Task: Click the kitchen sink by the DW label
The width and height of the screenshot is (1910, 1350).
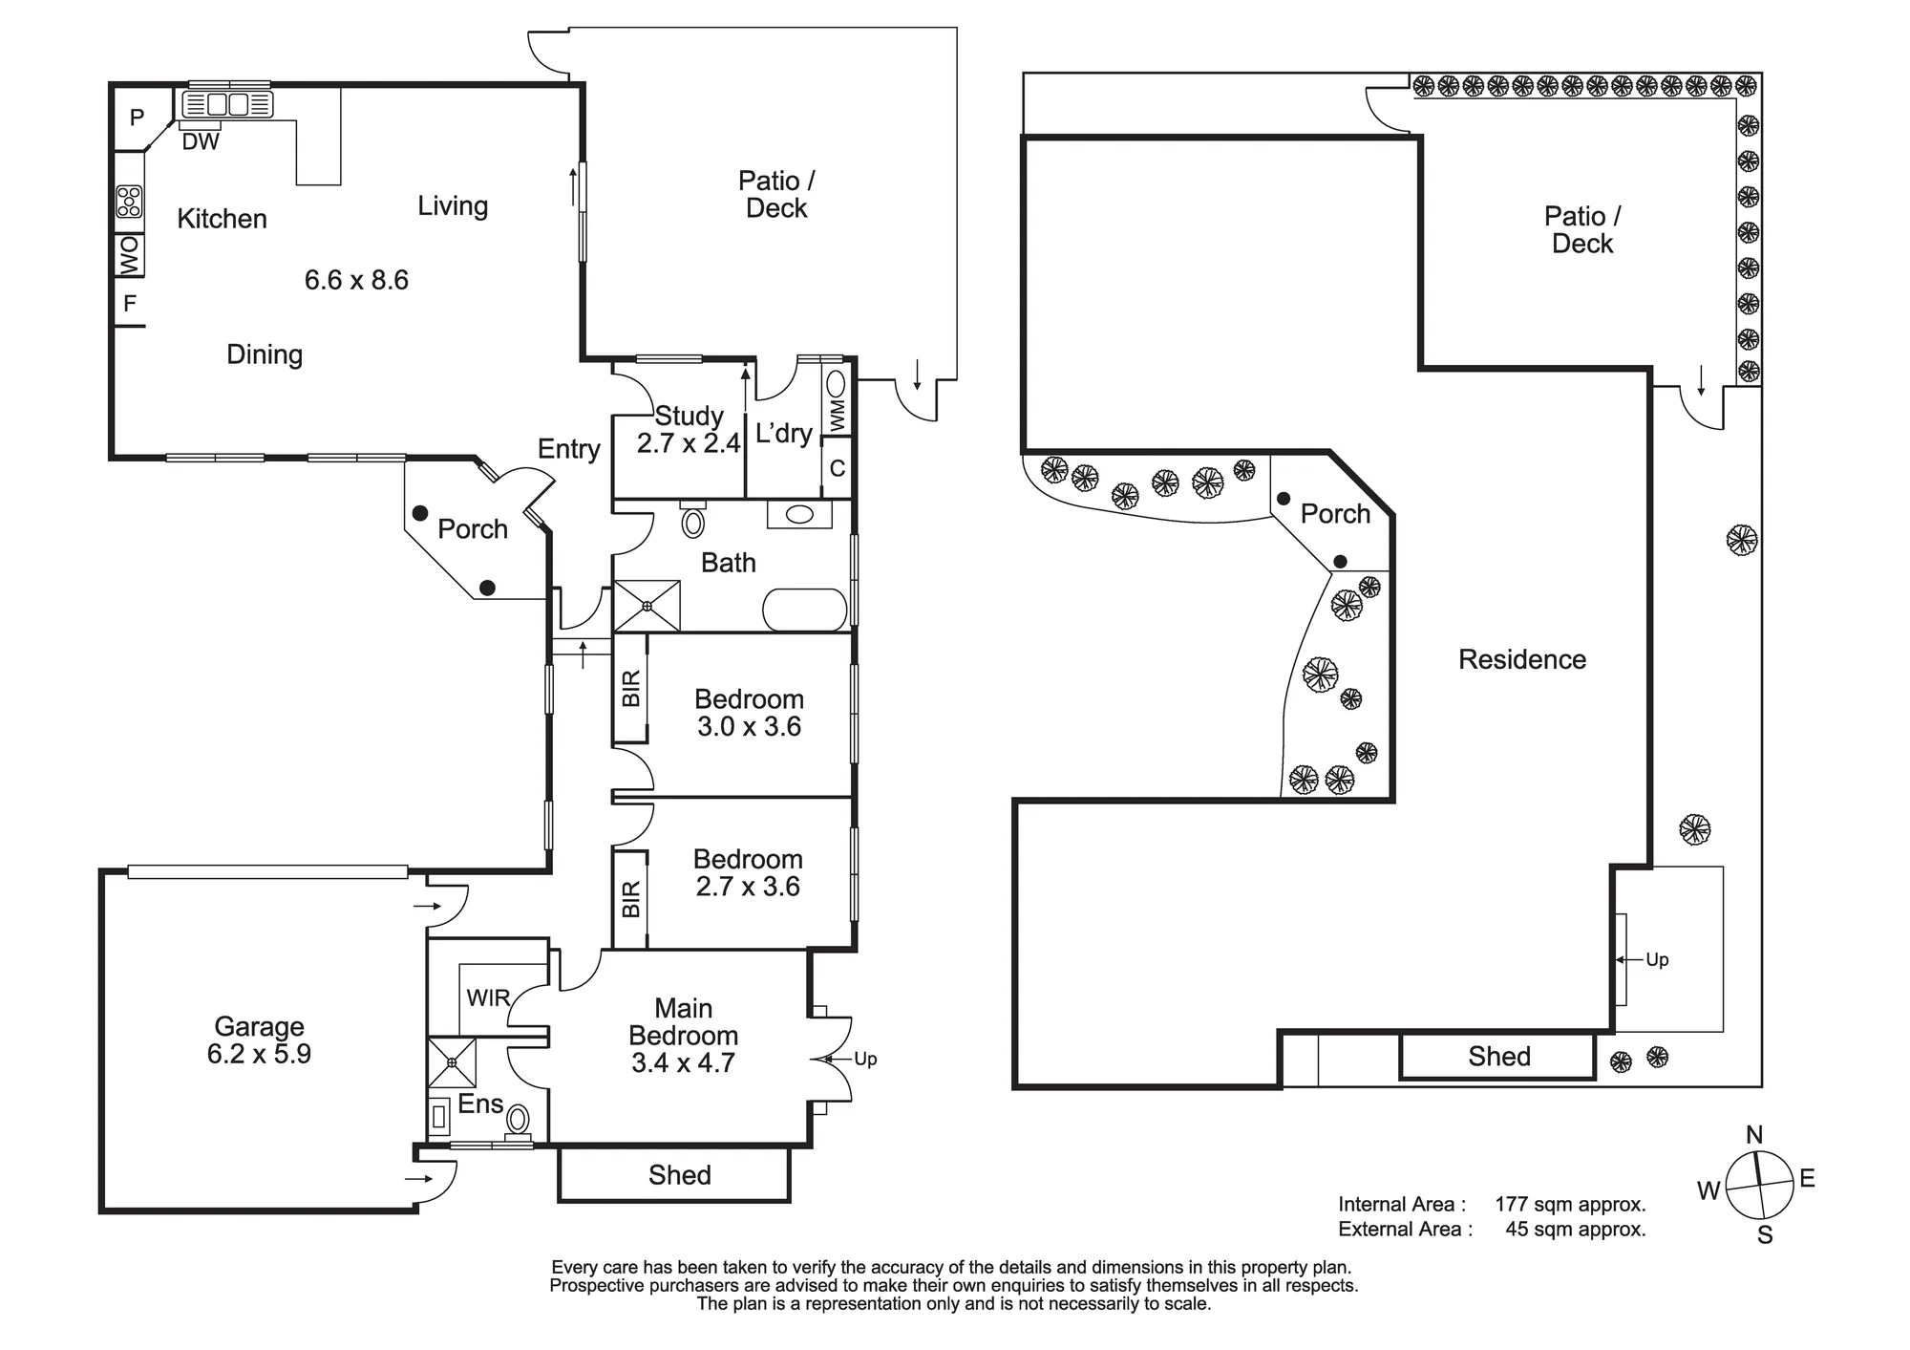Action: point(227,104)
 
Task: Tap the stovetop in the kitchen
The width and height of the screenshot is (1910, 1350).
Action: point(129,202)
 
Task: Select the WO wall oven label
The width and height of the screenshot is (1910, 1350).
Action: point(129,255)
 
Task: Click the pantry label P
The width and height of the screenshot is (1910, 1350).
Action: point(137,118)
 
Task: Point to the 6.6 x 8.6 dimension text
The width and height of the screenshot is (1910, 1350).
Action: point(356,280)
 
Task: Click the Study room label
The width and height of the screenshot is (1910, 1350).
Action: point(689,417)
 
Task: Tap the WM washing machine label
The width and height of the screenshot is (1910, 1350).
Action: point(838,416)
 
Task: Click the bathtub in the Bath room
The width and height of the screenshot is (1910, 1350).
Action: point(805,611)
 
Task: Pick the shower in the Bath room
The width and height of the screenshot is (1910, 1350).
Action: point(647,606)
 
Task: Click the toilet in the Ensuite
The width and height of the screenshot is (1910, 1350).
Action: point(518,1121)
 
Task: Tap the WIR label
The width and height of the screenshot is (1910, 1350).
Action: point(488,998)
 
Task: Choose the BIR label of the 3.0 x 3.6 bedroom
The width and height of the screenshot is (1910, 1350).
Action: point(630,689)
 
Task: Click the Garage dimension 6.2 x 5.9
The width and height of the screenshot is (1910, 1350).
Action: point(259,1054)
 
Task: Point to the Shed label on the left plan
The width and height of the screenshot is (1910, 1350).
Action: point(680,1175)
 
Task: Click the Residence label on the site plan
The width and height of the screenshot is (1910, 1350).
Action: point(1522,659)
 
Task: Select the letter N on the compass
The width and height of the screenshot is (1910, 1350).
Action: point(1754,1135)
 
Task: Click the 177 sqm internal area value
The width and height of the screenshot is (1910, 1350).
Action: point(1570,1205)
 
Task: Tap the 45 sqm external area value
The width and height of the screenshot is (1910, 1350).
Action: point(1576,1230)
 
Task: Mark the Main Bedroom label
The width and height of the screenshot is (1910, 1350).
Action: point(683,1022)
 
